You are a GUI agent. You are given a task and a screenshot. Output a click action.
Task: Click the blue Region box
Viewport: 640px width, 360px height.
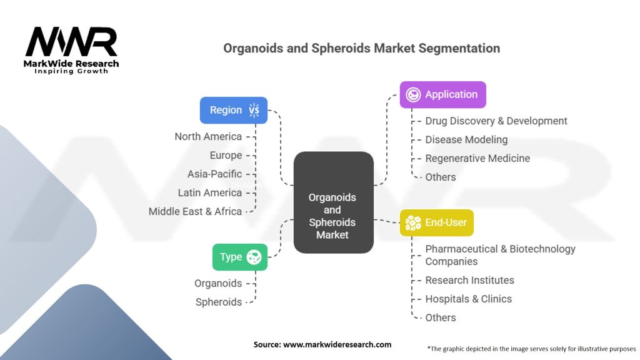point(234,110)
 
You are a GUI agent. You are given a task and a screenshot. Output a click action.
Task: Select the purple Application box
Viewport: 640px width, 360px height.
point(443,95)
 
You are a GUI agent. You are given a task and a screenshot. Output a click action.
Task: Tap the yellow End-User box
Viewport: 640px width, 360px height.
point(436,223)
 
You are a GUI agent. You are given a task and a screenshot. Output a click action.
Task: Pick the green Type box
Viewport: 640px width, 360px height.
point(240,257)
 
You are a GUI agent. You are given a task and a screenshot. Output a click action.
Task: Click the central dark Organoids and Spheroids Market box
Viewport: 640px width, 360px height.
point(334,202)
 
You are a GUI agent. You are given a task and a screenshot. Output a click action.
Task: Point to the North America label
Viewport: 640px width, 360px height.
point(208,137)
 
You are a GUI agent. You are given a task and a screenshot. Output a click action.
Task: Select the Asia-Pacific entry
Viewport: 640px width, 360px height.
point(215,174)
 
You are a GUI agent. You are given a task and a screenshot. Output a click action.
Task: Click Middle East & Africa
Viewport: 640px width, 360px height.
point(195,212)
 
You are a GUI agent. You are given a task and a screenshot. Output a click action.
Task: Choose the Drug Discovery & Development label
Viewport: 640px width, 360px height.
point(496,121)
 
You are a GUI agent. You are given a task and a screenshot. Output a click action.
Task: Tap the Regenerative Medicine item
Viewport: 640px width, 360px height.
point(477,158)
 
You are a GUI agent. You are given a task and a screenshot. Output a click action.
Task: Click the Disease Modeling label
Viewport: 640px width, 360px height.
point(466,140)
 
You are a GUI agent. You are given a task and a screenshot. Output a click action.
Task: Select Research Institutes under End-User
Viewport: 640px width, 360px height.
point(469,281)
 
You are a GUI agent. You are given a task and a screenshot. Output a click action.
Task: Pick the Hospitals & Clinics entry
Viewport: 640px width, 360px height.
point(468,299)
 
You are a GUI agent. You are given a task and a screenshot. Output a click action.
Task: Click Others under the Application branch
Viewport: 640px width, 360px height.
point(441,177)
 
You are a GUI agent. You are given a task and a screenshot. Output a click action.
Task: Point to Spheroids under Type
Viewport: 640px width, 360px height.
point(219,302)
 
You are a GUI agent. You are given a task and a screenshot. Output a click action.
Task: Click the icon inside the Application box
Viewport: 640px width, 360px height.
point(413,95)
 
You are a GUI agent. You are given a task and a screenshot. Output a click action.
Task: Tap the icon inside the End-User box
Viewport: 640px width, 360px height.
point(413,223)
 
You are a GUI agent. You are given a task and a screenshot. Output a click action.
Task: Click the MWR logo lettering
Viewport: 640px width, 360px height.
point(71,42)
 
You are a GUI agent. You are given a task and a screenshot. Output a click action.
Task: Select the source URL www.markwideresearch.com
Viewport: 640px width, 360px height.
point(337,344)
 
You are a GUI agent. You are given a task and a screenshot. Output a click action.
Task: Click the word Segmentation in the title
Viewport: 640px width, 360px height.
point(459,49)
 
